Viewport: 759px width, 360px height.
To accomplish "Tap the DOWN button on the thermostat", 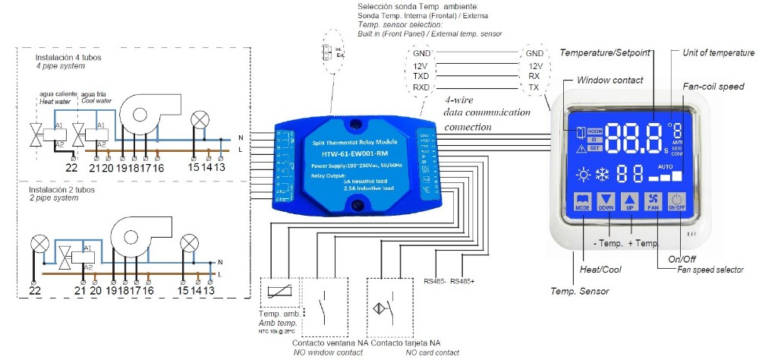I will tap(606, 201).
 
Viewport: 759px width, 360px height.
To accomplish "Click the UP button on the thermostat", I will tap(629, 201).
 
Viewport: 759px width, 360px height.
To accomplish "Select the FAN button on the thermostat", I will tap(653, 201).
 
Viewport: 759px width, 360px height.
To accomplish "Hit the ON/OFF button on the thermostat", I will tap(676, 201).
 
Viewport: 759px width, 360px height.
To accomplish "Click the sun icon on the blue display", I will tap(583, 173).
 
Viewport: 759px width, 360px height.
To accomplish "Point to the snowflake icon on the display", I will tap(605, 173).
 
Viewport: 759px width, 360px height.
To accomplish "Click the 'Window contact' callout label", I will tap(609, 80).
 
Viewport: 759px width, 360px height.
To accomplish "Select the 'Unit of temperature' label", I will tap(716, 52).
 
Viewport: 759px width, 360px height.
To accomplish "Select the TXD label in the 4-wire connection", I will tap(421, 77).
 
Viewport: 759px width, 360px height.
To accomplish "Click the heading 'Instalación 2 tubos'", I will tap(65, 189).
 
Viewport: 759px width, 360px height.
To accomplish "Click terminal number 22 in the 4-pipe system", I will tap(71, 166).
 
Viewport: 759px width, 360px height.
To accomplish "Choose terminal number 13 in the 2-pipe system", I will tap(209, 290).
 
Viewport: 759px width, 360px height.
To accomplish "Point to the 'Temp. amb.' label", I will tap(275, 314).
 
